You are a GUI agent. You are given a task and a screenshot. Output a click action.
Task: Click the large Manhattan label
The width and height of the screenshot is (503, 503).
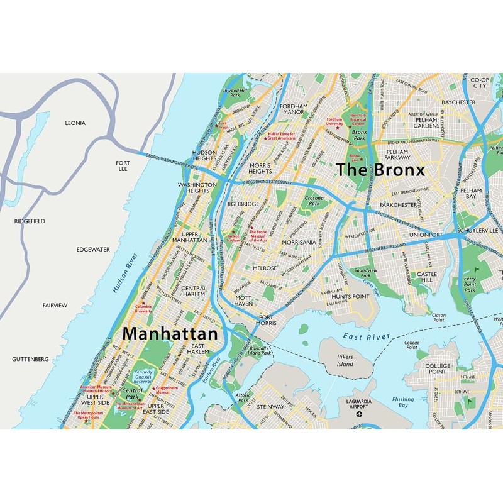(170, 333)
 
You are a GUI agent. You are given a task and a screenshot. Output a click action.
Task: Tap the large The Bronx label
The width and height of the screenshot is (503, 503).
(380, 170)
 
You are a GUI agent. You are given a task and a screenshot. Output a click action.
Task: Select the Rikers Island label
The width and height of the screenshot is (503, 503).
(345, 360)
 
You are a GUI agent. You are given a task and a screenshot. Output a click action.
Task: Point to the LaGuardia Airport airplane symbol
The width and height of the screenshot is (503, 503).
(359, 414)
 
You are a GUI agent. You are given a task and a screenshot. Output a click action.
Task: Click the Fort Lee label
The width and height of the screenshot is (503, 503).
(122, 165)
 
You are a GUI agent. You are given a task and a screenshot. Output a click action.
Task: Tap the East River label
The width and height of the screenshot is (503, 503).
(366, 338)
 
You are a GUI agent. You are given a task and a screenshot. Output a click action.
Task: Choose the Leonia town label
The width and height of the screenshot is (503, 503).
(75, 123)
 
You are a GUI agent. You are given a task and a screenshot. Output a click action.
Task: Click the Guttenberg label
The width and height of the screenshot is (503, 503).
(30, 359)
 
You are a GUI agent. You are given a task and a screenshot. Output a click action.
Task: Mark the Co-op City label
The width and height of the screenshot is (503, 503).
(479, 82)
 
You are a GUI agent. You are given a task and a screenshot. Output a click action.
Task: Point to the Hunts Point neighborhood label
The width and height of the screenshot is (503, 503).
(350, 296)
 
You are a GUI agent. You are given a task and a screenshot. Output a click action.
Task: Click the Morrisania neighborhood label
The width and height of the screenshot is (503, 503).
(299, 242)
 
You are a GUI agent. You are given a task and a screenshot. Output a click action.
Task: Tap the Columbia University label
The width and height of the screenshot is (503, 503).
(143, 308)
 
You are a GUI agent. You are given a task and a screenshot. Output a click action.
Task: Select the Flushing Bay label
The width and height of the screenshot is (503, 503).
(403, 402)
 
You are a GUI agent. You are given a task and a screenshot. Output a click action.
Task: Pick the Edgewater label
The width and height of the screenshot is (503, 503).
(93, 250)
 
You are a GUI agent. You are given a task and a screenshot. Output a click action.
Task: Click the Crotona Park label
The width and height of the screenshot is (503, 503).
(314, 201)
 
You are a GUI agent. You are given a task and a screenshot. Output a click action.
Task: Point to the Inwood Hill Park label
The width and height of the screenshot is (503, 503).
(235, 92)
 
